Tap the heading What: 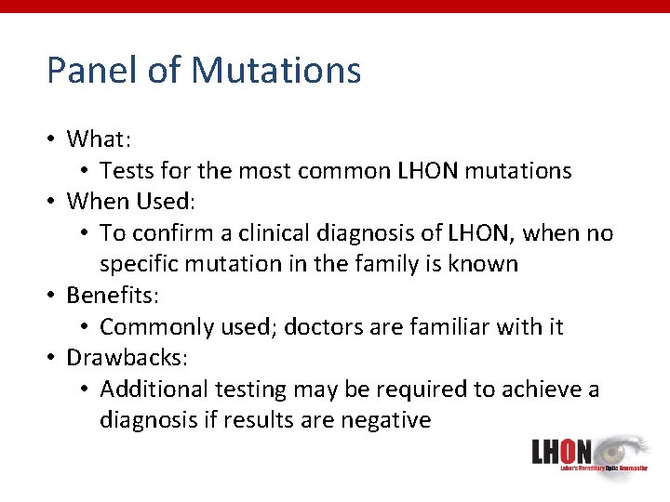coord(99,139)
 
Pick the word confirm coord(177,233)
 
